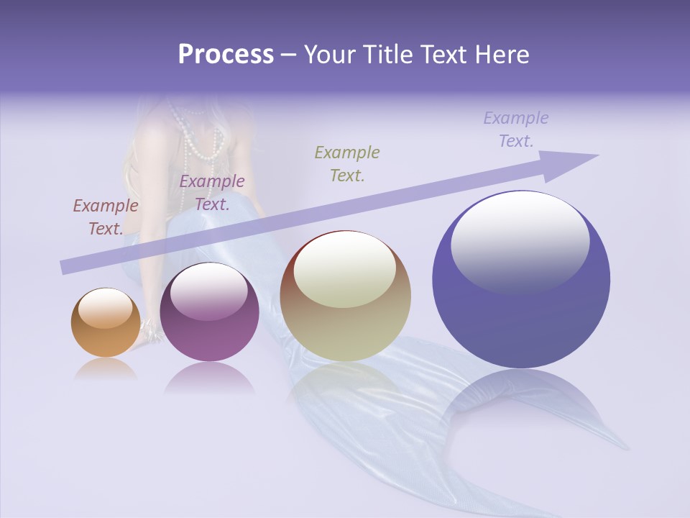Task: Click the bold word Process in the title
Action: pos(226,55)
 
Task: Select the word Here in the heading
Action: pos(501,55)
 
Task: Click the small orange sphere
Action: pos(106,324)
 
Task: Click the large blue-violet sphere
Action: pos(521,281)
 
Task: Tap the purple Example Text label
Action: pos(212,193)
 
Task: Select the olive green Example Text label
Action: pos(347,163)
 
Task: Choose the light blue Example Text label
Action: pos(515,129)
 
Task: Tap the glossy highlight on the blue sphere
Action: pos(520,241)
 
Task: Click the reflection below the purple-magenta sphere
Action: pos(209,378)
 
